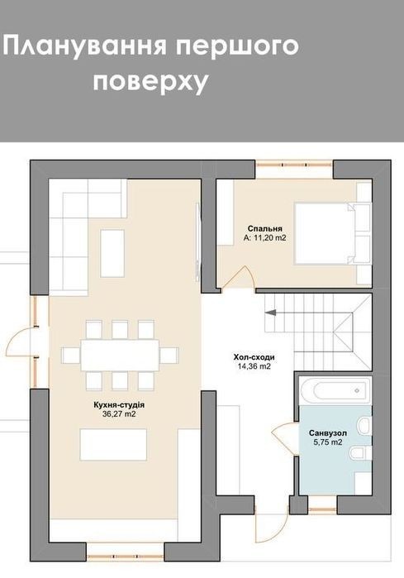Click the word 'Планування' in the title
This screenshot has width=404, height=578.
pos(83,47)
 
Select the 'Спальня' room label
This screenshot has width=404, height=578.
pos(265,229)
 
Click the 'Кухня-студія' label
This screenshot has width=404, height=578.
pos(119,405)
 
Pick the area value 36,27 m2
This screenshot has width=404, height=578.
pos(119,414)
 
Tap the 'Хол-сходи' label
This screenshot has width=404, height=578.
pos(254,357)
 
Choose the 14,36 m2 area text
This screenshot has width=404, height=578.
pos(254,366)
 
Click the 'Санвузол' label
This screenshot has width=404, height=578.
pos(328,432)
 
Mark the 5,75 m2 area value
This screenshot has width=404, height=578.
pos(328,442)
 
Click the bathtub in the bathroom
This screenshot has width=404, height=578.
pos(335,390)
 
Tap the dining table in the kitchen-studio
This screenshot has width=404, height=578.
pos(120,355)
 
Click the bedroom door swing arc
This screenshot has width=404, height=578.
pos(238,275)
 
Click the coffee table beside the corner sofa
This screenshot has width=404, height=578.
pos(112,253)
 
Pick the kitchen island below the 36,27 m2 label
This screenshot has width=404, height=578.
pos(114,445)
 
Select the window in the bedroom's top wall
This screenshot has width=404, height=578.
pos(294,165)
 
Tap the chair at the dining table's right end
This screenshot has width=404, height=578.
pos(169,356)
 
